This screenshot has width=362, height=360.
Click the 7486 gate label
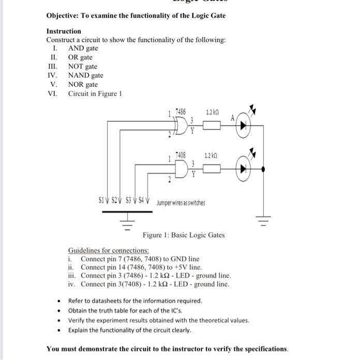[x=181, y=112]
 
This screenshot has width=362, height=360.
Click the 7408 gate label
[x=180, y=154]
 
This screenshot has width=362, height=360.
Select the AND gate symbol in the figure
[x=182, y=168]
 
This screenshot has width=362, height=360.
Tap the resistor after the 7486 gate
[x=211, y=125]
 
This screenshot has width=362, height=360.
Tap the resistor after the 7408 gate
[x=212, y=168]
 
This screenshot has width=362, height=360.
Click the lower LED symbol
[x=243, y=168]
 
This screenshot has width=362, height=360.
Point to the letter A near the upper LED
[x=233, y=117]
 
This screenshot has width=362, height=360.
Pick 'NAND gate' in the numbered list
[x=86, y=75]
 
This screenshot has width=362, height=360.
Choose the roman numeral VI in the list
[x=52, y=93]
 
